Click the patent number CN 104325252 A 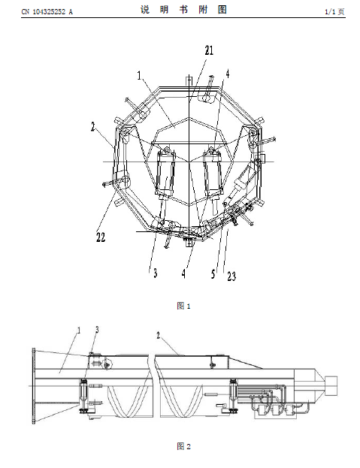pyautogui.click(x=47, y=11)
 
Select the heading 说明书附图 pyautogui.click(x=183, y=10)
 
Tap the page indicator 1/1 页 pyautogui.click(x=334, y=11)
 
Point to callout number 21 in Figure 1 pyautogui.click(x=209, y=50)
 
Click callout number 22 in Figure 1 pyautogui.click(x=101, y=237)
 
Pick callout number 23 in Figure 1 pyautogui.click(x=231, y=276)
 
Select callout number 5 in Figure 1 pyautogui.click(x=213, y=273)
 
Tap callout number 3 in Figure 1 pyautogui.click(x=155, y=273)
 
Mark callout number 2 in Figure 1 pyautogui.click(x=93, y=127)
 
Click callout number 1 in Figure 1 pyautogui.click(x=139, y=75)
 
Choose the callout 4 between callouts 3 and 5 pyautogui.click(x=183, y=273)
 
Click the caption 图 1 pyautogui.click(x=183, y=306)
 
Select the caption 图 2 pyautogui.click(x=183, y=446)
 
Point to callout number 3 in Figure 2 pyautogui.click(x=97, y=330)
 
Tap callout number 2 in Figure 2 pyautogui.click(x=159, y=335)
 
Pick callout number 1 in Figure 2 pyautogui.click(x=79, y=330)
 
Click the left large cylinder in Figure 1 pyautogui.click(x=165, y=173)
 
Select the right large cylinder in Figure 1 pyautogui.click(x=213, y=173)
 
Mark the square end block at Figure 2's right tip pyautogui.click(x=331, y=385)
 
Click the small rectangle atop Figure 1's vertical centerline pyautogui.click(x=189, y=80)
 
